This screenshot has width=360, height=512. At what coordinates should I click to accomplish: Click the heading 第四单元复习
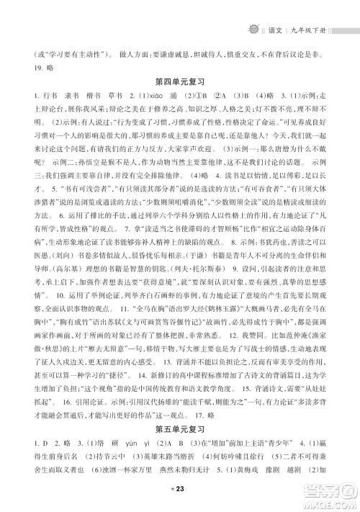pyautogui.click(x=180, y=88)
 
